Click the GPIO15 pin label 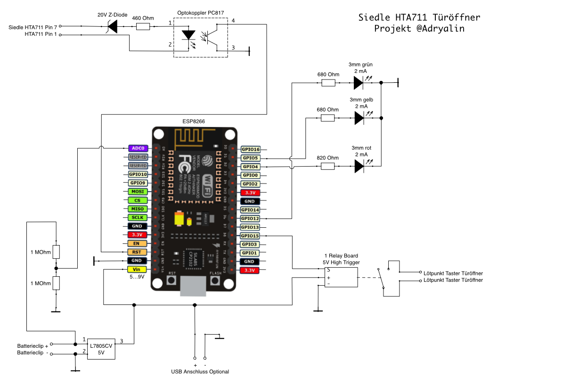click(250, 236)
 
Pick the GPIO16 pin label click(250, 149)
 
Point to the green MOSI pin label click(137, 192)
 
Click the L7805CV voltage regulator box click(101, 348)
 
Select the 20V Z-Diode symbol click(112, 26)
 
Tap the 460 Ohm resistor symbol click(143, 27)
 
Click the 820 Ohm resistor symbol click(328, 166)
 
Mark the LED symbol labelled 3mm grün click(359, 83)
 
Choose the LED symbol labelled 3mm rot click(359, 166)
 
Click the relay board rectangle click(341, 277)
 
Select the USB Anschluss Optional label click(200, 372)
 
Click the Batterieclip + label click(33, 346)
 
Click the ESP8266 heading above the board click(194, 121)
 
